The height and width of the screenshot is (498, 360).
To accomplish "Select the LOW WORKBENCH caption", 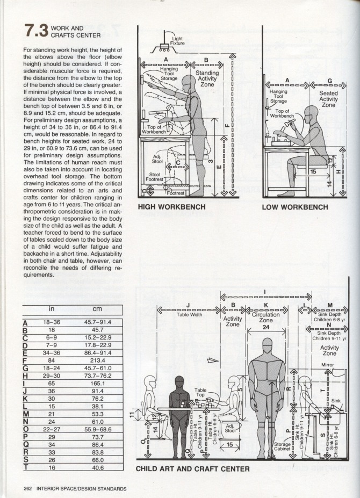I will [295, 206].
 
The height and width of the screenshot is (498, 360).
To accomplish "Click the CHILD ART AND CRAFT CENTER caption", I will [192, 469].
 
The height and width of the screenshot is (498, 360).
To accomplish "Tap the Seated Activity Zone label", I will [328, 98].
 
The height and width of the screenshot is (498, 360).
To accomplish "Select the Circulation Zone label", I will [266, 317].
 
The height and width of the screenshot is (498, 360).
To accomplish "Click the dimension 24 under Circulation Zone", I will [265, 327].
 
